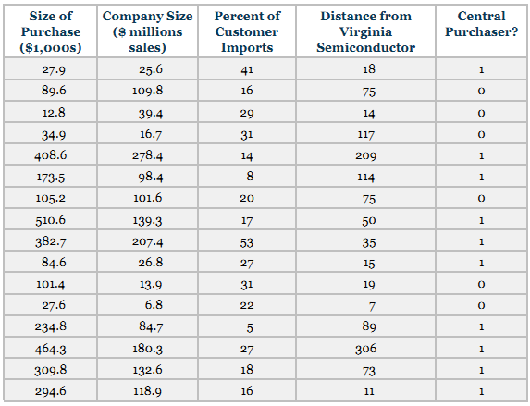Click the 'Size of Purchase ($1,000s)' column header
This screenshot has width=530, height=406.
[51, 31]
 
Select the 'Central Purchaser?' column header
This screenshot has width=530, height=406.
[481, 24]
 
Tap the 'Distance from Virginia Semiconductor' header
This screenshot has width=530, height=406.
[365, 31]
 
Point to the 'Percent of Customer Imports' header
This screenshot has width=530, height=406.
[247, 31]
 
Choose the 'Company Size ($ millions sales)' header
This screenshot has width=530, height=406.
[147, 31]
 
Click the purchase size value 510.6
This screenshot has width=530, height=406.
[50, 220]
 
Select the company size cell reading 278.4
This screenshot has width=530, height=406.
[147, 156]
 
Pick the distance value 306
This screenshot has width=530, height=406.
[365, 349]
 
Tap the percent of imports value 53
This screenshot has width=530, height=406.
[247, 242]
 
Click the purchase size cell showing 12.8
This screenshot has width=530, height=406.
[54, 113]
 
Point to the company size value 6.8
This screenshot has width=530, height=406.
[154, 305]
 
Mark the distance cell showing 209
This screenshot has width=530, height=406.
[365, 156]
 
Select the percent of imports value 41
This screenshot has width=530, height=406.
[247, 69]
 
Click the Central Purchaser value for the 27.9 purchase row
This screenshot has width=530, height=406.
[481, 69]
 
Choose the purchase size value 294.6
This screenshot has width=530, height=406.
[50, 391]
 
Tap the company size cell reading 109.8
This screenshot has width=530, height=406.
[147, 91]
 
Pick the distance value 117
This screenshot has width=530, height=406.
[365, 134]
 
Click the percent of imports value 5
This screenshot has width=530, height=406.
[250, 327]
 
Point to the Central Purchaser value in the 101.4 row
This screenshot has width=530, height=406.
[481, 284]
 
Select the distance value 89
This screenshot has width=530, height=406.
[369, 326]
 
